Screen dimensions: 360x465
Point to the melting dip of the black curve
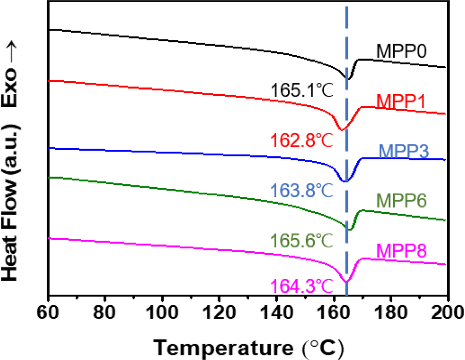pyautogui.click(x=348, y=79)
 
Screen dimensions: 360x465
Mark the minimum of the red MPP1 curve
pyautogui.click(x=342, y=129)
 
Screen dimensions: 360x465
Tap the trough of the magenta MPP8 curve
pyautogui.click(x=346, y=281)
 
